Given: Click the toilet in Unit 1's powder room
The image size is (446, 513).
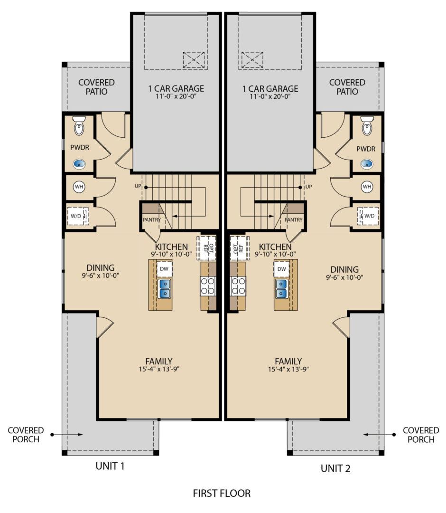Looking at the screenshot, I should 79,126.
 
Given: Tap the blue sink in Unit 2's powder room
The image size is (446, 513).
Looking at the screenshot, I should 367,164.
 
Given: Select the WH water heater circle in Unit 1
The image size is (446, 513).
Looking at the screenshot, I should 79,187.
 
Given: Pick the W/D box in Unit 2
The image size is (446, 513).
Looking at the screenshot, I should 368,216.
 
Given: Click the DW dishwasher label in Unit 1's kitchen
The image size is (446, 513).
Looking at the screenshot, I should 164,269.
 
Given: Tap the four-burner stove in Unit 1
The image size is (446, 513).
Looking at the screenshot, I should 208,285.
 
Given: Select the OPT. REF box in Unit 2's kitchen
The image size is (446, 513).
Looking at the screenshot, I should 237,247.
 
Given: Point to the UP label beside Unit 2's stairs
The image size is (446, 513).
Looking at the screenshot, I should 308,187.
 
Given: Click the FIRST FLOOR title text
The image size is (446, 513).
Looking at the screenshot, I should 222,494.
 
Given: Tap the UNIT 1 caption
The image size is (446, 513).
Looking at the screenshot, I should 110,465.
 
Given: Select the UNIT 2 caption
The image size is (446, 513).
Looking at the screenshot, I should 335,469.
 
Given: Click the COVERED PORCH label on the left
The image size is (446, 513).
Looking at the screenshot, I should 26,435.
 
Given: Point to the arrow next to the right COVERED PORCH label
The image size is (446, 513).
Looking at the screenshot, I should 380,435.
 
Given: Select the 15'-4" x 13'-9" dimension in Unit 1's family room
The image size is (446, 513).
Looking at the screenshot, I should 159,370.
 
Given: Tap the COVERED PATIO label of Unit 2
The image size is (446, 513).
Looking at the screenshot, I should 347,87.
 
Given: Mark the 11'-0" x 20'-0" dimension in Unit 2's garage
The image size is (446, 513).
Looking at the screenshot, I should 270,96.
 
